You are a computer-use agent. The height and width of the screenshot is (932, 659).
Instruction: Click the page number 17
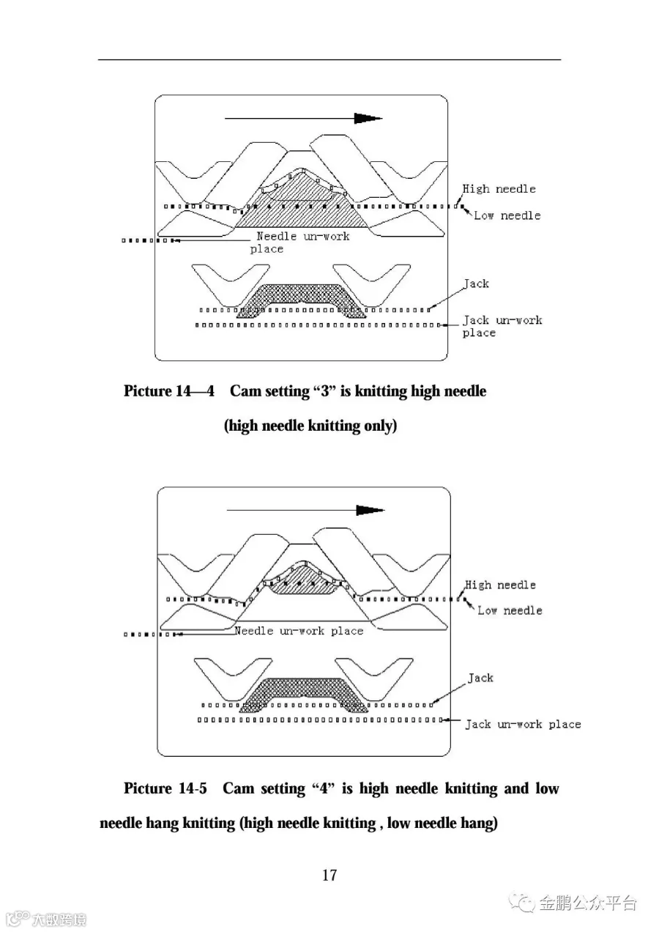[x=329, y=874]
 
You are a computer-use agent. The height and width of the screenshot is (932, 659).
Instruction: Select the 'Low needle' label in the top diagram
[x=507, y=215]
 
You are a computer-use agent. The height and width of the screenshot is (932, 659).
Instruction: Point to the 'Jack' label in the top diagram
[x=476, y=284]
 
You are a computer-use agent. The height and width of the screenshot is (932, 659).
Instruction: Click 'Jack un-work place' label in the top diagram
[x=502, y=327]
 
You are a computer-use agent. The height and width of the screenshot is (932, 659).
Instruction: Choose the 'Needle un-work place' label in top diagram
[x=302, y=243]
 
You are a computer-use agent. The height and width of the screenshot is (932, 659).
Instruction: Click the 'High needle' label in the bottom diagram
[x=501, y=585]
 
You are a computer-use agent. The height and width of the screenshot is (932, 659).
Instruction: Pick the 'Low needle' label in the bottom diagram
[x=510, y=610]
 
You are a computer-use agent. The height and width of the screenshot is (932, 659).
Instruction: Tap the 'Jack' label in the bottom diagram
[x=480, y=678]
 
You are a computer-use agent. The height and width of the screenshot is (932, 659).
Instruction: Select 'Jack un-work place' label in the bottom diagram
[x=523, y=724]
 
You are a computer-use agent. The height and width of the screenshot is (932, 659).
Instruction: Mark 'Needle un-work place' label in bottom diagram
[x=299, y=631]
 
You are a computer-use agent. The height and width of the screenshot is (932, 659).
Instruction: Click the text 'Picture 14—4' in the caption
[x=169, y=391]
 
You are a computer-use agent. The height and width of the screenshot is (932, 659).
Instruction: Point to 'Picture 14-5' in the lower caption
[x=165, y=788]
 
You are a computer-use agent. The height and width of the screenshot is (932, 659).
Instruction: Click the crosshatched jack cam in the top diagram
[x=300, y=295]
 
